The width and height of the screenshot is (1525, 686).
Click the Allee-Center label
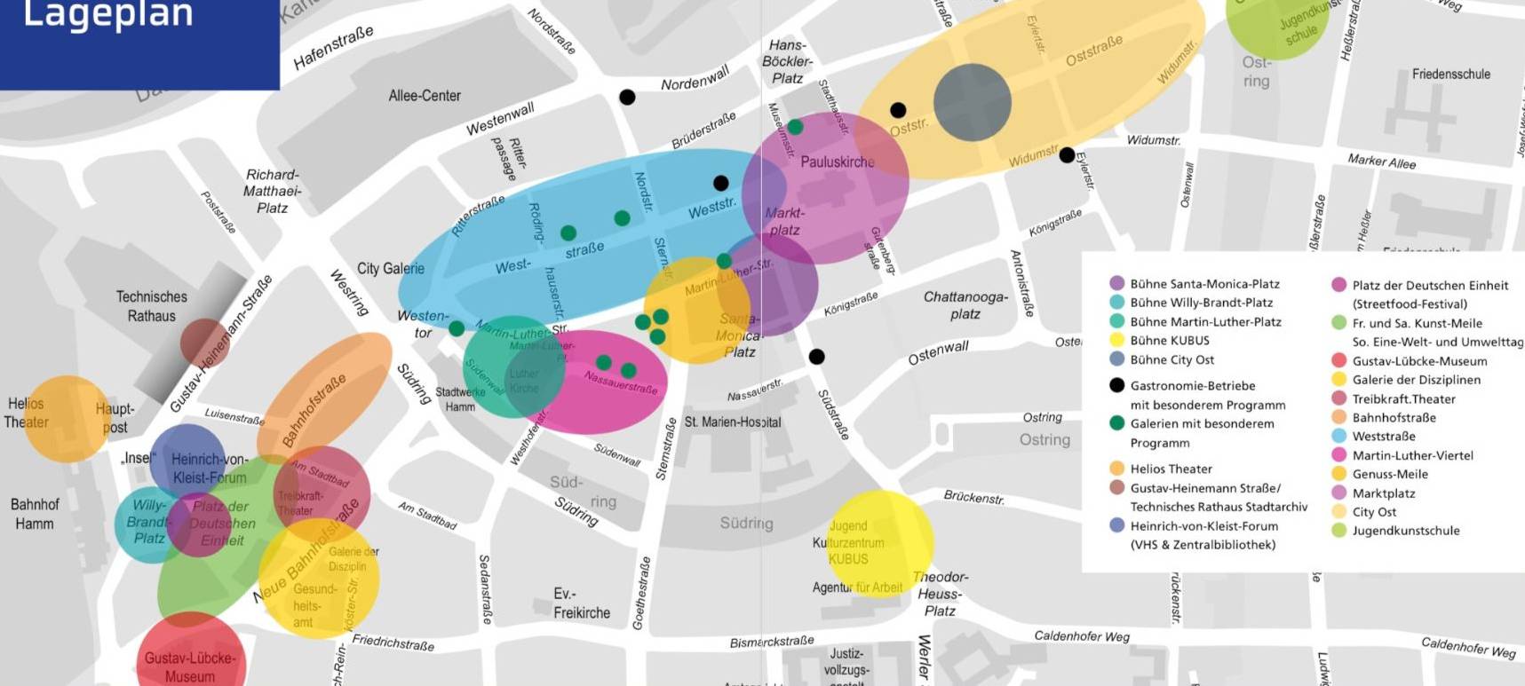[425, 96]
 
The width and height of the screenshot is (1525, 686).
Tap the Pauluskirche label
[837, 162]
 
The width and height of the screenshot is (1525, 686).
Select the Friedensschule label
[1450, 75]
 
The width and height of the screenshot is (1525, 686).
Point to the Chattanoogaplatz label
[965, 305]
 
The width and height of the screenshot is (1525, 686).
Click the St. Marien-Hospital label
[732, 422]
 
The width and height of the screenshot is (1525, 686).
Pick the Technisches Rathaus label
[152, 306]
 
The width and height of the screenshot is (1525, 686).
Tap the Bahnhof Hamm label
[35, 514]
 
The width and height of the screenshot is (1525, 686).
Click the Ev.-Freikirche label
[582, 603]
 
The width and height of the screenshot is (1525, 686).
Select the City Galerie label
[391, 268]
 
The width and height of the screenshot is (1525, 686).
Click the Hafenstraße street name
[333, 48]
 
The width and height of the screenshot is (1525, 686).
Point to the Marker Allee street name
[1381, 162]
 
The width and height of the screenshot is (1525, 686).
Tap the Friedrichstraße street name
[393, 642]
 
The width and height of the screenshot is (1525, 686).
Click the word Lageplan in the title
[107, 15]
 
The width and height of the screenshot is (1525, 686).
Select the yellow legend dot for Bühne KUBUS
[1117, 340]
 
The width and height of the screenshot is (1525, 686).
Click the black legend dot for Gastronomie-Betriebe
[1117, 385]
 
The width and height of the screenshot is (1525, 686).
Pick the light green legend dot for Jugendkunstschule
[1339, 531]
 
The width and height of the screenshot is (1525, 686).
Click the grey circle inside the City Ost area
[972, 102]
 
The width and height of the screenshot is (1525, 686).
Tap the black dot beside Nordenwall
[627, 97]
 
